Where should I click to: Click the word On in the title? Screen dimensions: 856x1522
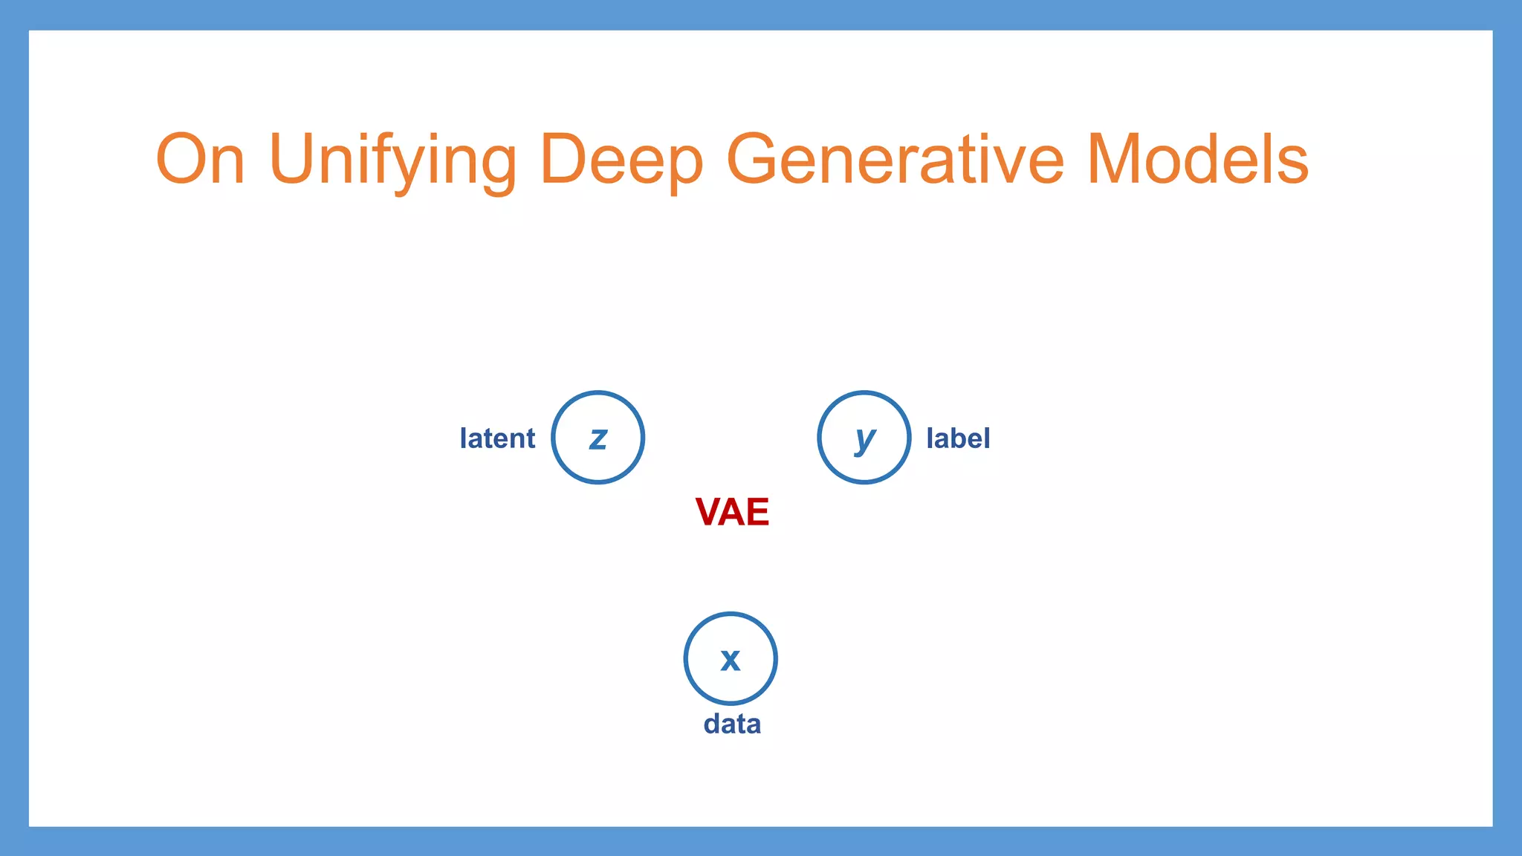[200, 160]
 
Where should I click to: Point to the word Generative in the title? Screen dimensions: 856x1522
[895, 160]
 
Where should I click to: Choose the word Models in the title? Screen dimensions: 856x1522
[1197, 160]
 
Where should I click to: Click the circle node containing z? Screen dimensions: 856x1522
[598, 438]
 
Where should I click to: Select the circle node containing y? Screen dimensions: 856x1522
[864, 438]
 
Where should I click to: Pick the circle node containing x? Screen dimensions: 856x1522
[731, 658]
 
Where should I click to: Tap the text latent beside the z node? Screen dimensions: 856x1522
[497, 438]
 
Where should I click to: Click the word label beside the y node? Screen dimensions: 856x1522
[958, 438]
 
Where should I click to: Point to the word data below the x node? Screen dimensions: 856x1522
[732, 724]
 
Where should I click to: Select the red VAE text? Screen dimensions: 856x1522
[732, 512]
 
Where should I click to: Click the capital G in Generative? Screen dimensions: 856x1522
[757, 159]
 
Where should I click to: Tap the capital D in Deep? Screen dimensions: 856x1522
[566, 159]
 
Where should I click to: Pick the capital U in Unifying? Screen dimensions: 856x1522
[297, 159]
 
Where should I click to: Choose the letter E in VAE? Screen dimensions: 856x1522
[757, 512]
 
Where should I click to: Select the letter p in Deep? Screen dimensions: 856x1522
[680, 167]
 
